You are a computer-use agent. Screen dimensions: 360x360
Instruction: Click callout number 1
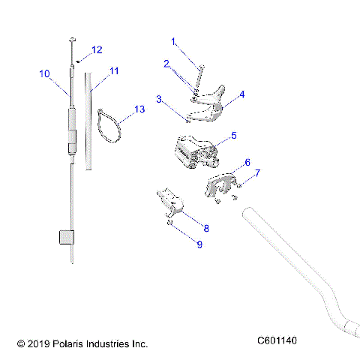tap(173, 41)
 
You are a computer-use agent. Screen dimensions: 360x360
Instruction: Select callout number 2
tap(166, 64)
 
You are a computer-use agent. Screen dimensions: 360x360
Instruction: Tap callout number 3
tap(159, 99)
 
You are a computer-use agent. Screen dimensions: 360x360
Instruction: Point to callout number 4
tap(241, 95)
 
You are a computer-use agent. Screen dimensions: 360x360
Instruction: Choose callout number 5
tap(233, 136)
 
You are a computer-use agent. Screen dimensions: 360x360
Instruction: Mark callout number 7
tap(257, 173)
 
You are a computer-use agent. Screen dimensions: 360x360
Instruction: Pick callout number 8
tap(206, 228)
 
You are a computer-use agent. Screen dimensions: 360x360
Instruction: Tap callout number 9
tap(199, 244)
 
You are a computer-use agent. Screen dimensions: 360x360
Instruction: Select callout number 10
tap(43, 73)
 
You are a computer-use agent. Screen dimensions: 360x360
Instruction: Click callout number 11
tap(114, 71)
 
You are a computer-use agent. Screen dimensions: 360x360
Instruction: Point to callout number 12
tap(96, 50)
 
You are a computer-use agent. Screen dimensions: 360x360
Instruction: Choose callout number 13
tap(139, 109)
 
